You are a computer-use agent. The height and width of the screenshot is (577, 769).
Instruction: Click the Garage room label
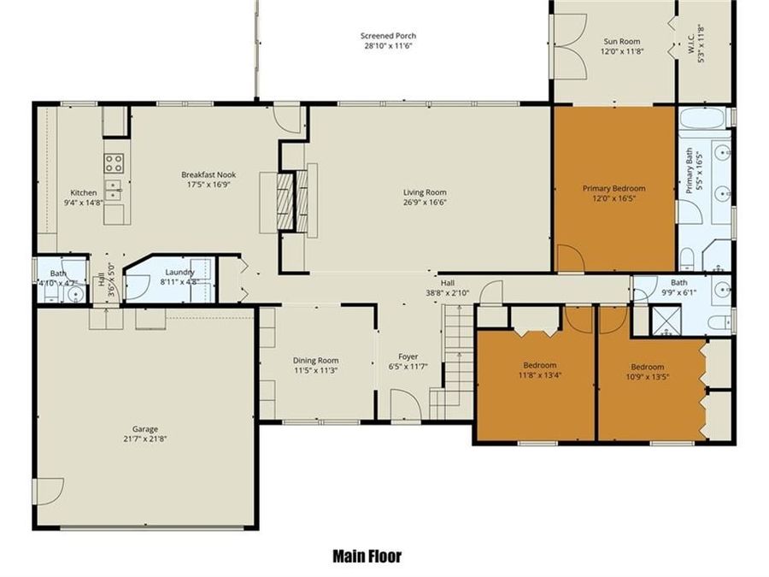coord(144,429)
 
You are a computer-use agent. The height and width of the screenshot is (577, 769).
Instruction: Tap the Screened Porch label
coord(388,36)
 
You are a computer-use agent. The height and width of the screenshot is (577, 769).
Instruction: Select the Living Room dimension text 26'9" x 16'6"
coord(425,203)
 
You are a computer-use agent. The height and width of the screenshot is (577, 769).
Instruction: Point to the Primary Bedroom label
coord(613,188)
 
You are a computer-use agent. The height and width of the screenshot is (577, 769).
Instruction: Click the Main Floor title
coord(367,556)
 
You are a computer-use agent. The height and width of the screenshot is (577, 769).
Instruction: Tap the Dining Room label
coord(315,360)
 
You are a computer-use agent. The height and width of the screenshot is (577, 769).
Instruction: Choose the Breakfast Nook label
coord(208,174)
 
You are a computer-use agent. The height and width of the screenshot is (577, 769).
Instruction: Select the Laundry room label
coord(179,272)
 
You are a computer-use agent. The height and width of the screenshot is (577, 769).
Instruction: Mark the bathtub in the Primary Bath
coord(705,117)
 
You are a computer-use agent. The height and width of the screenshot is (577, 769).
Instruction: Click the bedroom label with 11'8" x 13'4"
coord(539,364)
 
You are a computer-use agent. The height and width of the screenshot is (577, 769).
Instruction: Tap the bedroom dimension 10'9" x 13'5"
coord(649,374)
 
